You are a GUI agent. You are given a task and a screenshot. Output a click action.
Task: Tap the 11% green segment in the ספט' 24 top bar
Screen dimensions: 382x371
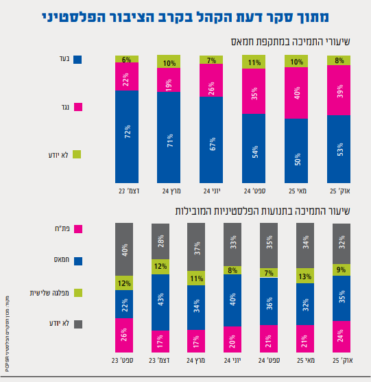(253, 62)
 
